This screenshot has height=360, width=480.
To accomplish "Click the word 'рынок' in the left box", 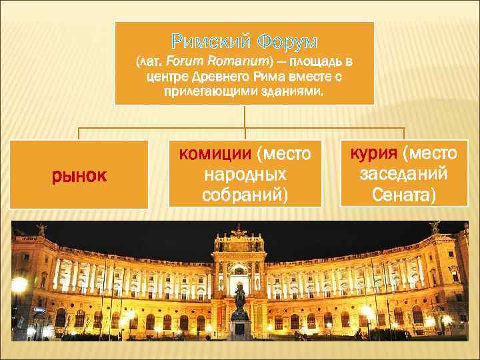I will click(x=81, y=175).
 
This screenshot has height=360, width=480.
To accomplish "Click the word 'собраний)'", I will click(x=245, y=195).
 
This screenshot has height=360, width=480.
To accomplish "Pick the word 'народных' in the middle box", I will click(x=245, y=175).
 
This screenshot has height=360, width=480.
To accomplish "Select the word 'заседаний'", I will click(x=398, y=175).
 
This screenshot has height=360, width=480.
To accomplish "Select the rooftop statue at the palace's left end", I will click(x=41, y=229).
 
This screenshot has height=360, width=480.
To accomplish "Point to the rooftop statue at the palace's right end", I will click(x=435, y=227).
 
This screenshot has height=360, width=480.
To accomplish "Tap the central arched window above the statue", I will click(x=239, y=271).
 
